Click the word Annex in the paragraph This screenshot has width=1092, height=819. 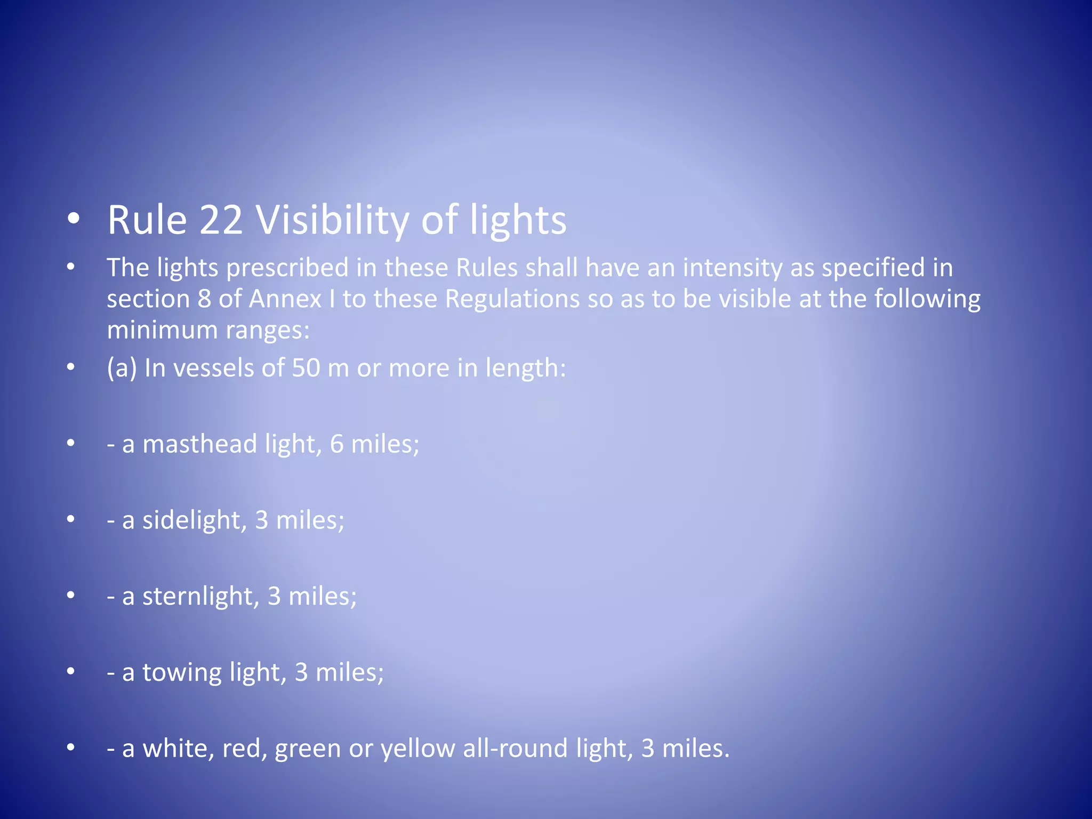pos(285,299)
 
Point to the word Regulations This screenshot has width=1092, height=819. pos(512,299)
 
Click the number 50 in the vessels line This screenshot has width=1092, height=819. pos(306,368)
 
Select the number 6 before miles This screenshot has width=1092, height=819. pos(336,444)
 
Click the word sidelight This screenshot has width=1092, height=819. pos(191,520)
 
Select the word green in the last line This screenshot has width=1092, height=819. pos(308,748)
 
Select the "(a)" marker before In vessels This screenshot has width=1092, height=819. pos(122,368)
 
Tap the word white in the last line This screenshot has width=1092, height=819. pos(178,748)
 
